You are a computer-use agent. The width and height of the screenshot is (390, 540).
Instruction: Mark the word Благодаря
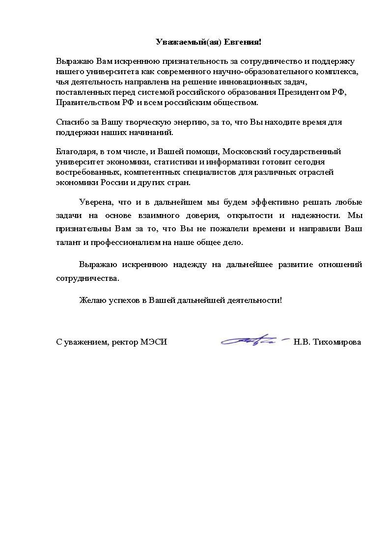click(74, 152)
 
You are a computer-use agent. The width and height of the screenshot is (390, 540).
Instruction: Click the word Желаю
click(92, 299)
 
